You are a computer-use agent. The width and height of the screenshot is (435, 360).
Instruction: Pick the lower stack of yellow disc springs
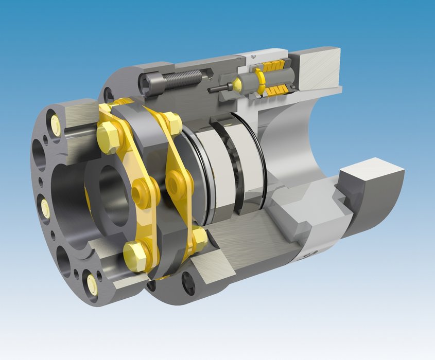click(x=277, y=91)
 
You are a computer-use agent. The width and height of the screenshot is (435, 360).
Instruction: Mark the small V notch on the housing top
click(x=253, y=55)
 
